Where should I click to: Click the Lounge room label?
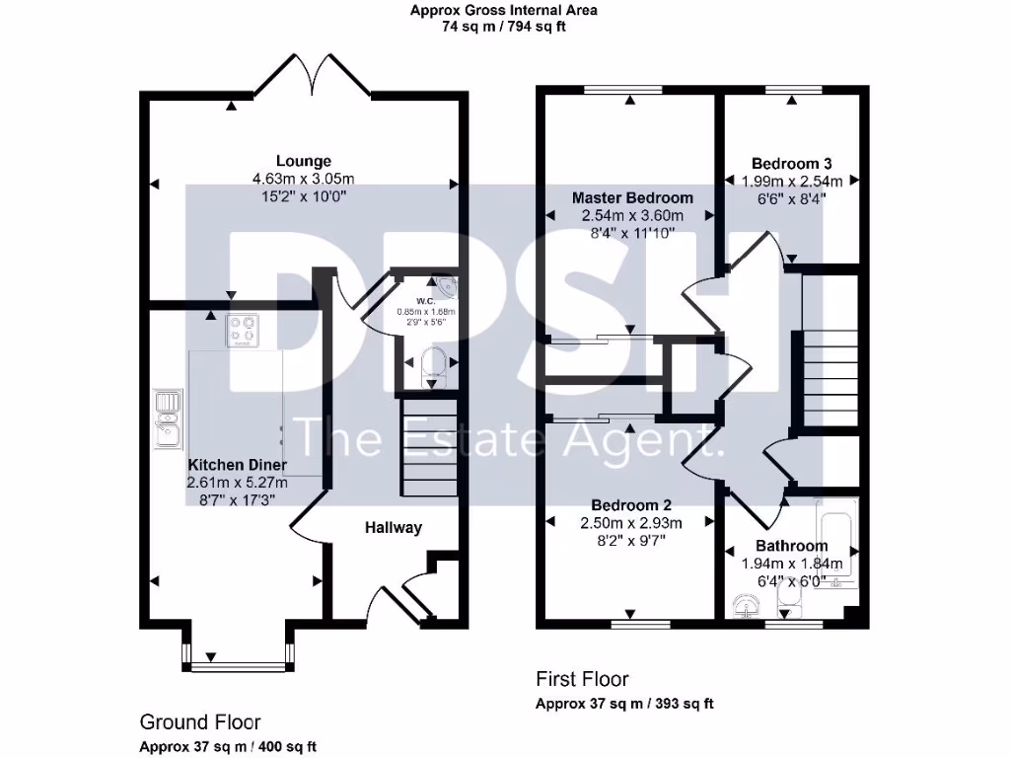[x=303, y=161]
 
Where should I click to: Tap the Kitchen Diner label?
[x=237, y=465]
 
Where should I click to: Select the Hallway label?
[x=394, y=527]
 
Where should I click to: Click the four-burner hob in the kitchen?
[x=243, y=331]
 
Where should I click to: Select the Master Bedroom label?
[x=632, y=197]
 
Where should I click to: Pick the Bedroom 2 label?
[x=632, y=505]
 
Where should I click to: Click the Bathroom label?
[x=791, y=546]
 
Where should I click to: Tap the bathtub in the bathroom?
[x=836, y=544]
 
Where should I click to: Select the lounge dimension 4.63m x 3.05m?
[x=303, y=179]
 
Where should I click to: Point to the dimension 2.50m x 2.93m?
[x=632, y=522]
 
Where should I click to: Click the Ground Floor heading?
[x=200, y=722]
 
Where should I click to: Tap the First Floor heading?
[x=582, y=679]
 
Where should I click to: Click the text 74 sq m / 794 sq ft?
[x=504, y=27]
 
